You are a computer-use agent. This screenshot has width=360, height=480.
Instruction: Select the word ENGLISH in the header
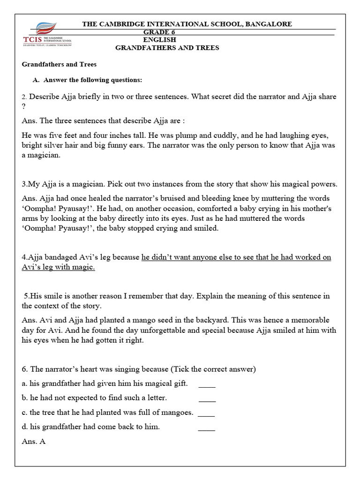point(159,40)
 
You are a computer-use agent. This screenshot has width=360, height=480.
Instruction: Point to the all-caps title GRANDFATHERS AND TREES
point(167,48)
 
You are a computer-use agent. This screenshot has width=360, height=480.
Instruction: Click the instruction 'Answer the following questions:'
point(92,80)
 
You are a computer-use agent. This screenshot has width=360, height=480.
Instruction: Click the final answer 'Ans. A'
point(33,442)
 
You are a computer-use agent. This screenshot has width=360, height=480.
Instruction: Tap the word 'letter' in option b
point(156,398)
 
